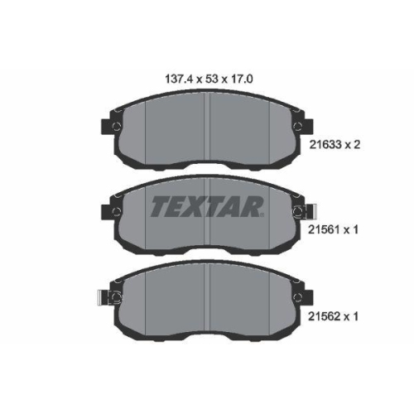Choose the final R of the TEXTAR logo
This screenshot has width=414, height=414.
(252, 206)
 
